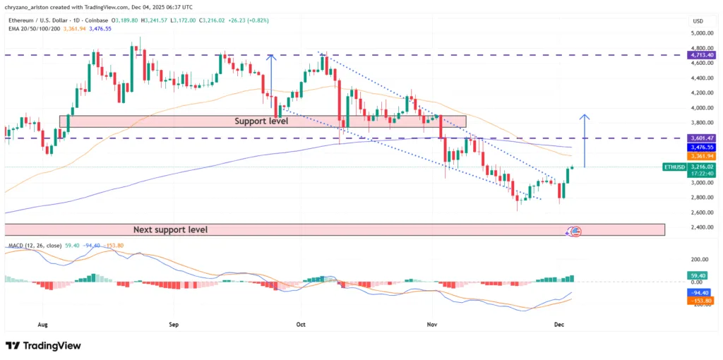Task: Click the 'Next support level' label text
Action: click(x=170, y=230)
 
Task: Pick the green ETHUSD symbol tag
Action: click(x=674, y=167)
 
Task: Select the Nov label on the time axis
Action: click(x=433, y=325)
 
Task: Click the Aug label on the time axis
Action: click(x=43, y=325)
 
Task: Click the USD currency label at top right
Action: click(x=698, y=21)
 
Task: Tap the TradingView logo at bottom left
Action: click(x=43, y=346)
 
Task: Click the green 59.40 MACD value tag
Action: click(x=700, y=275)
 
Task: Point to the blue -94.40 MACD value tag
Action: click(x=700, y=292)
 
